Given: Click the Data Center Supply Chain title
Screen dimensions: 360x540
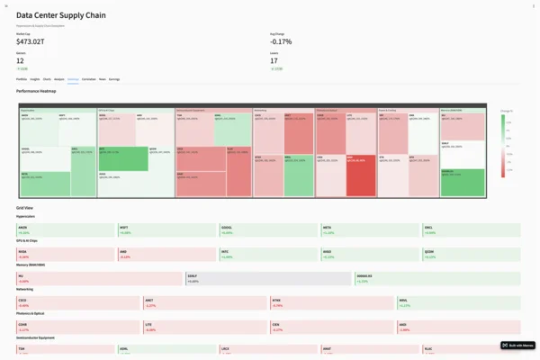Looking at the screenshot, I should coord(72,15).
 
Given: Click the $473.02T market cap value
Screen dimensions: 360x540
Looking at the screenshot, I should coord(35,40).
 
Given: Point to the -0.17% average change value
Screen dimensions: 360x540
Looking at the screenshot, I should coord(281,40).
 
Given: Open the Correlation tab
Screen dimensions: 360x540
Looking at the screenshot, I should coord(88,79).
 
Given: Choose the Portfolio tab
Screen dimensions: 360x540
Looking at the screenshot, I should coord(22,79).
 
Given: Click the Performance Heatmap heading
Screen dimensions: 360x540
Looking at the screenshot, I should coord(41,92).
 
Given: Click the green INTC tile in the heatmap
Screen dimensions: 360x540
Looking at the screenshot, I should coord(121,158).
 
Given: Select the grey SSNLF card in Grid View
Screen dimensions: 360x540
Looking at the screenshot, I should coord(268,279).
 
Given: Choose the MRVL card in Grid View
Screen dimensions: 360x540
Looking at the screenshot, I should coord(458,303).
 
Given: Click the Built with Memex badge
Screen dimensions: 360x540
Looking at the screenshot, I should coord(518,345).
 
